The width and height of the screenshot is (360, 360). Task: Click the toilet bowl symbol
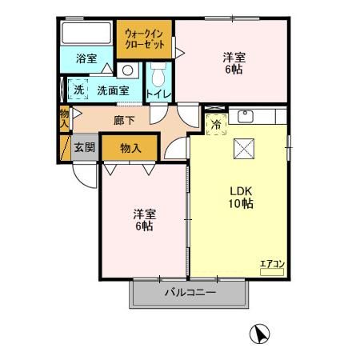[x=158, y=74]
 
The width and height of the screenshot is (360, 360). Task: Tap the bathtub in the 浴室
[x=86, y=33]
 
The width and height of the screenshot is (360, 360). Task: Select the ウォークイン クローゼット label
[x=144, y=39]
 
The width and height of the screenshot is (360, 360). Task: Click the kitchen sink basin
[x=246, y=116]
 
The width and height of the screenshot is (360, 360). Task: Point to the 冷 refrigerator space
[x=216, y=124]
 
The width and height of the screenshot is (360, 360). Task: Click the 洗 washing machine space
[x=78, y=90]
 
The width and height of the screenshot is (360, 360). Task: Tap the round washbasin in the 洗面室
[x=128, y=70]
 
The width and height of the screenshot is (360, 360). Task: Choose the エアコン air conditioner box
[x=272, y=272]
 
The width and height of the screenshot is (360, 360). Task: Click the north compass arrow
[x=259, y=334]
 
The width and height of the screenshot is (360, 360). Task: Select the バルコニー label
[x=190, y=293]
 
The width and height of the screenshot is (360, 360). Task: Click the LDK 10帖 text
[x=241, y=198]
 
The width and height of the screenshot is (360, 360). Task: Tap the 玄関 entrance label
[x=84, y=147]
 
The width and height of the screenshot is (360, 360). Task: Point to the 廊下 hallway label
[x=124, y=121]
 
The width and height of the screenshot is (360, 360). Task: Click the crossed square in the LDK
[x=244, y=149]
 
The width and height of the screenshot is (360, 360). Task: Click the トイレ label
[x=158, y=94]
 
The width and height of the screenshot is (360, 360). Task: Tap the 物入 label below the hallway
[x=130, y=148]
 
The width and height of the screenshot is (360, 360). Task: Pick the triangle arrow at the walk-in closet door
[x=180, y=53]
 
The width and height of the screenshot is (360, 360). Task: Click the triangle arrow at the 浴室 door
[x=107, y=68]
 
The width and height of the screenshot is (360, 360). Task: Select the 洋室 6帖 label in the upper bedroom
[x=234, y=63]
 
